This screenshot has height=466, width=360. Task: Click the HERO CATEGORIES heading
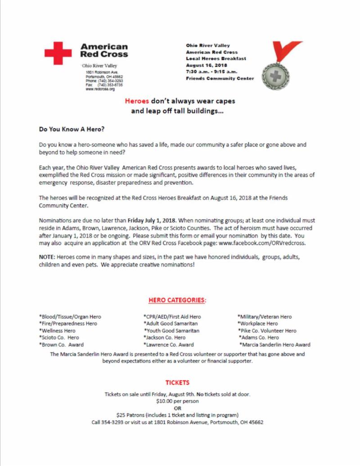177,299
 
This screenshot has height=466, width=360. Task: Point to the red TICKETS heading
177,383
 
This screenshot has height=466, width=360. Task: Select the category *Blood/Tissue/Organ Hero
70,317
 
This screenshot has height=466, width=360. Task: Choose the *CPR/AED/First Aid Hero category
172,317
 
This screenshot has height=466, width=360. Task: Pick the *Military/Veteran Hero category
265,317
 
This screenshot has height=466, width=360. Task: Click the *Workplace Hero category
257,324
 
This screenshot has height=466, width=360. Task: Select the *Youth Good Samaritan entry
171,331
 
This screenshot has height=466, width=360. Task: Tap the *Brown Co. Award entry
62,345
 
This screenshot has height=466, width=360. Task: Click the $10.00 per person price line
177,401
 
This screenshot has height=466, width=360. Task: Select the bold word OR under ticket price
177,408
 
